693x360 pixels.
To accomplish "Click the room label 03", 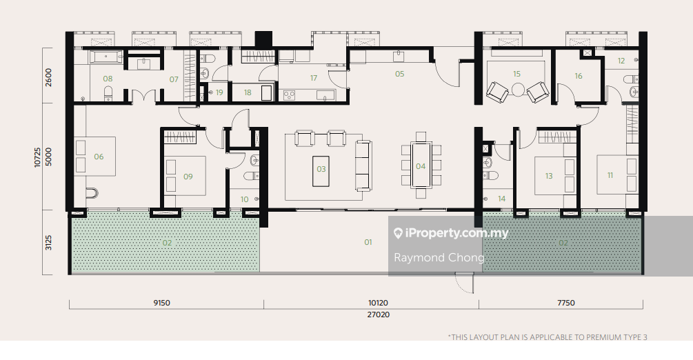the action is (x=321, y=169).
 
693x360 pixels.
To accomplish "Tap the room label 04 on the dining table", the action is (x=421, y=166).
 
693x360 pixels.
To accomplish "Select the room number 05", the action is (x=399, y=74).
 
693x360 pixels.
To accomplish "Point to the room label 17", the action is (x=313, y=78).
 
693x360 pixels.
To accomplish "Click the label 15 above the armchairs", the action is (x=516, y=74).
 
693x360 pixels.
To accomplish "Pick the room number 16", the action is (x=578, y=76).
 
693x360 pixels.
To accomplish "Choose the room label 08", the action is (x=108, y=79).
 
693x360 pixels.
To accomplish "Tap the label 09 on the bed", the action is (x=188, y=177).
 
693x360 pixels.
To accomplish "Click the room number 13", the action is (x=548, y=176).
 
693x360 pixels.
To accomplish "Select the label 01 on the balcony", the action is (x=368, y=242).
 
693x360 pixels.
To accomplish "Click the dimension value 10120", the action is (x=378, y=303).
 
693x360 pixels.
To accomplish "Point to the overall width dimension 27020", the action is (x=379, y=314).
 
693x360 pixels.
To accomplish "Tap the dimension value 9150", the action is (x=161, y=303).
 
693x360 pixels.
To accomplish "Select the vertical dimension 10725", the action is (x=37, y=157).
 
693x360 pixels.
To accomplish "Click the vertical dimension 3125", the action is (x=49, y=243).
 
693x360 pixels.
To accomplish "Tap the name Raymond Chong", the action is (x=439, y=257).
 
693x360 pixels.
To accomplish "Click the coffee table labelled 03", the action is (x=321, y=171).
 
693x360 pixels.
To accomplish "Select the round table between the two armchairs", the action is (x=518, y=90).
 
